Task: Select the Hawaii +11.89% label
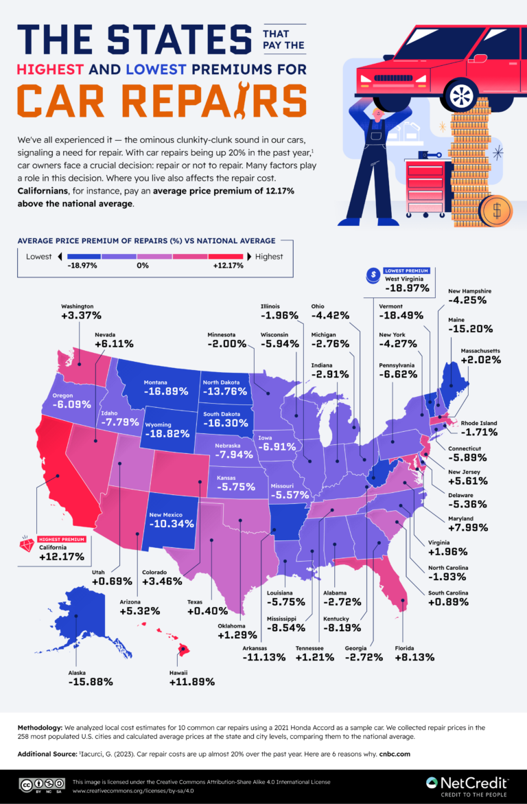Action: point(192,682)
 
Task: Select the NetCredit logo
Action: point(467,783)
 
